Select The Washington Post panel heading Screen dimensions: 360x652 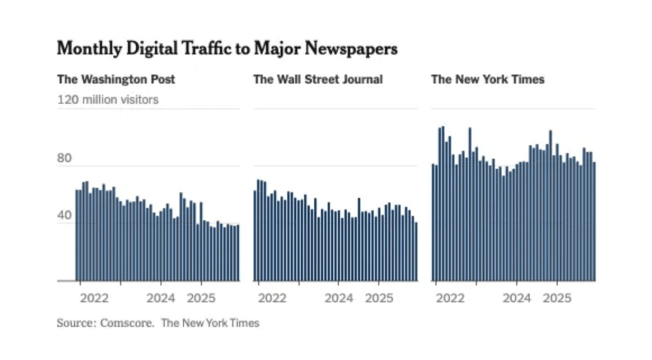[x=116, y=80]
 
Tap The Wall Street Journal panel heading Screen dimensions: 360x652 [x=318, y=80]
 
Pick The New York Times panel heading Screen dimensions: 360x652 [x=488, y=80]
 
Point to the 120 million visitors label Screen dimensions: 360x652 [x=108, y=99]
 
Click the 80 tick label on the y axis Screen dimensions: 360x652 [x=64, y=159]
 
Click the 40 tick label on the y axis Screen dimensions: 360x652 [x=64, y=216]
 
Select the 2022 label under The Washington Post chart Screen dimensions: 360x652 [x=94, y=298]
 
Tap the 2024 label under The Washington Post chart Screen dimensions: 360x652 [x=161, y=298]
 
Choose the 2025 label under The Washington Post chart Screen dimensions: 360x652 [x=202, y=298]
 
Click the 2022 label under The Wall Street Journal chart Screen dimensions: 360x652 [x=272, y=298]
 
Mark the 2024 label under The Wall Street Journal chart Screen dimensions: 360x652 [x=340, y=298]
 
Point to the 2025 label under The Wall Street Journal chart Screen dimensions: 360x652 [x=380, y=298]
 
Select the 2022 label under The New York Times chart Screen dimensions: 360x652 [x=450, y=298]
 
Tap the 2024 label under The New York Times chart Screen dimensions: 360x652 [x=517, y=298]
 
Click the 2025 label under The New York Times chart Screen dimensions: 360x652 [x=558, y=298]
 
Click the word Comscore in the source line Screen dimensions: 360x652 [x=126, y=323]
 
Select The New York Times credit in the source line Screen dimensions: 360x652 [x=210, y=323]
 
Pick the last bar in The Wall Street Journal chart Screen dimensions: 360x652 [x=416, y=252]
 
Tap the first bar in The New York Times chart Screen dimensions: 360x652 [x=433, y=223]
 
